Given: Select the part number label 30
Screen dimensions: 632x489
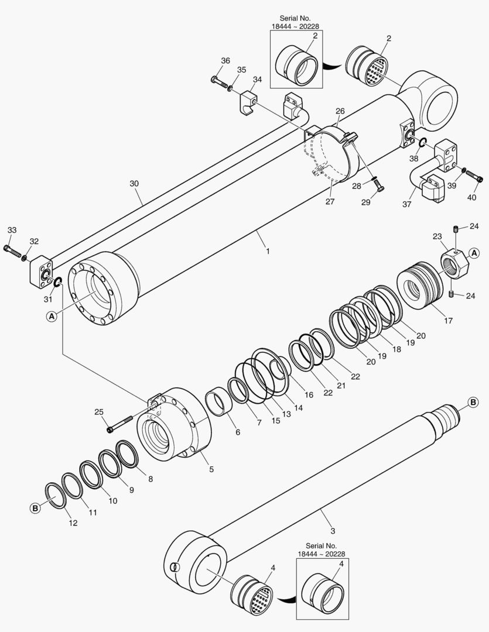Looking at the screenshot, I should point(135,183).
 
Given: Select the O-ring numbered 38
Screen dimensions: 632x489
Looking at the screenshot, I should point(422,142).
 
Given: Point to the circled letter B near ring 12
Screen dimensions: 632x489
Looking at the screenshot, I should point(35,509).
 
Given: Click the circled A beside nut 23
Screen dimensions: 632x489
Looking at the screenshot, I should point(474,253).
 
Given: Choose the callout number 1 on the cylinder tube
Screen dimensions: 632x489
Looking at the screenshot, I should point(268,251).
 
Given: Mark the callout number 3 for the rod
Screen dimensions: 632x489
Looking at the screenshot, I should point(333,531).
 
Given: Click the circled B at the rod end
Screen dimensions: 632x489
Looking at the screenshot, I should point(473,402).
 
